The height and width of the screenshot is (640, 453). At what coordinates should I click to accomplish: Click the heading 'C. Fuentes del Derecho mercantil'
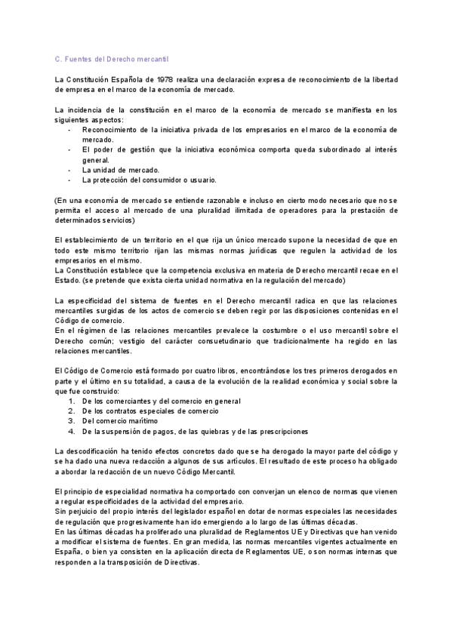click(112, 57)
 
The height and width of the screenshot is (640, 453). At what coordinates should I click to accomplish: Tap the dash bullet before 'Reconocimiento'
click(69, 130)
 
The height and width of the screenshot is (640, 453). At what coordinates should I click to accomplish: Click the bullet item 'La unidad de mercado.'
click(121, 170)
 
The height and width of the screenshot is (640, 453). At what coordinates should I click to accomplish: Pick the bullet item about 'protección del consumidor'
click(149, 180)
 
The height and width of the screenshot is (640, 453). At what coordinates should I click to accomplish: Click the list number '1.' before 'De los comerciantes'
click(72, 401)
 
